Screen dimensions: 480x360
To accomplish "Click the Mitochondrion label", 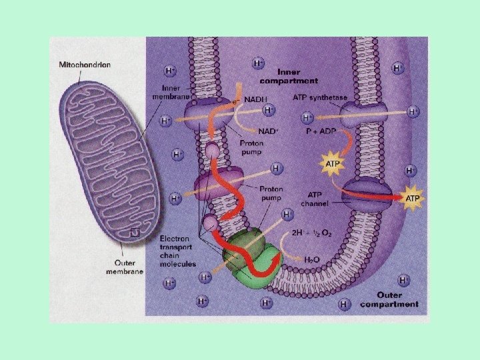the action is tap(84, 65).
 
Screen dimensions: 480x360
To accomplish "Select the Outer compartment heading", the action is tap(389, 299).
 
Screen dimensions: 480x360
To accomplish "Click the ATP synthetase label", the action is tap(320, 98).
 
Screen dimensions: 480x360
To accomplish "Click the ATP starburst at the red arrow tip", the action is tap(413, 197).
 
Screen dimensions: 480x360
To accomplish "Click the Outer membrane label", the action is tap(125, 267).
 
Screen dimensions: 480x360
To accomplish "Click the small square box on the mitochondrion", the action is tap(135, 233).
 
